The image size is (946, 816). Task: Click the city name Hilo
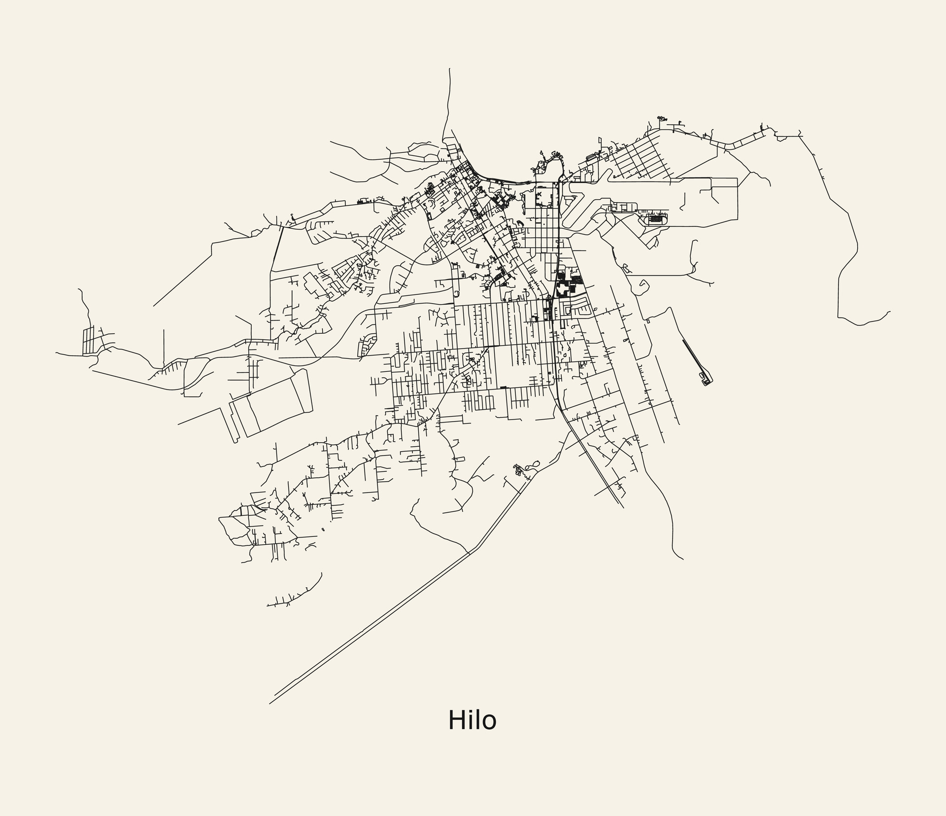point(472,720)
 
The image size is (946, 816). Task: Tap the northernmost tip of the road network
point(450,69)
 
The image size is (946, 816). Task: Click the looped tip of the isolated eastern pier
point(708,381)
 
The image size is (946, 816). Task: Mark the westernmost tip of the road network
point(56,353)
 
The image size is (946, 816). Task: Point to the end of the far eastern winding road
point(890,312)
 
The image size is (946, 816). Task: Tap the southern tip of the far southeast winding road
point(683,559)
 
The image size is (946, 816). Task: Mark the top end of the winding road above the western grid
point(79,289)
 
